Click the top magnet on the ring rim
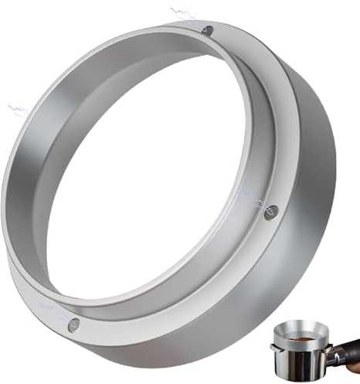[x=208, y=30]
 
